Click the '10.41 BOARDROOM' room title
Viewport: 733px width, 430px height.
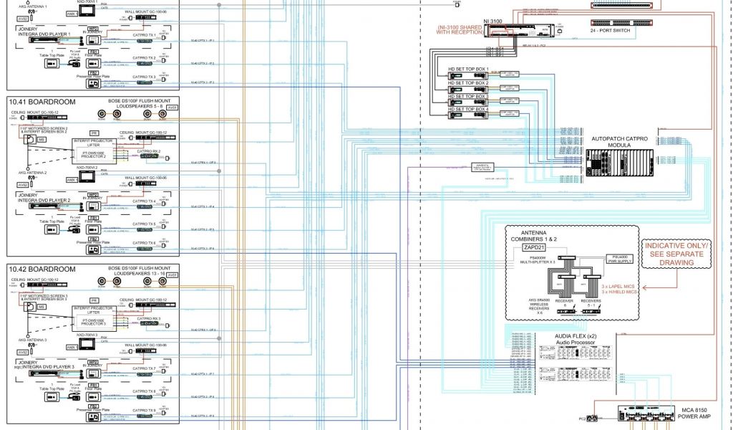(x=42, y=102)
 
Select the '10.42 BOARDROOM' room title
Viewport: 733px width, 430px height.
(x=42, y=269)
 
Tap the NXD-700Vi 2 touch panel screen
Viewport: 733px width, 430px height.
(x=89, y=176)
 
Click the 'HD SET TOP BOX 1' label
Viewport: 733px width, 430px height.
(x=468, y=69)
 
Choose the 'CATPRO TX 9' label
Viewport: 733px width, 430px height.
(x=144, y=410)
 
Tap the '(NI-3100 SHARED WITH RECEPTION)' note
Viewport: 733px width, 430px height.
(x=465, y=29)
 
